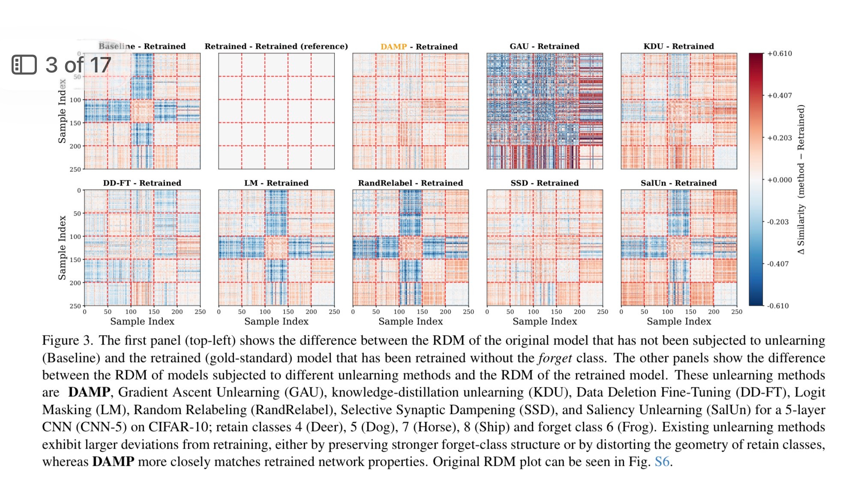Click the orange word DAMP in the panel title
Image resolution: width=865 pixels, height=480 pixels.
coord(393,46)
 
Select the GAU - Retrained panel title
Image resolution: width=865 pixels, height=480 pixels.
coord(544,46)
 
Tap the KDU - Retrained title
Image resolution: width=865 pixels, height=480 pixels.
coord(679,46)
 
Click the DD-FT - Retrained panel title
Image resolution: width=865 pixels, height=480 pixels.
coord(142,183)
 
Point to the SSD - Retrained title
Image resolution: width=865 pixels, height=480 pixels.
coord(544,183)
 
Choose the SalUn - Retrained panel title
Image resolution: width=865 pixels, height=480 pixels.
coord(679,183)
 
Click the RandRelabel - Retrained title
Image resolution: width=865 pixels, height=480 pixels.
coord(410,183)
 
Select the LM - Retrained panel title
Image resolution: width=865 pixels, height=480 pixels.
coord(276,183)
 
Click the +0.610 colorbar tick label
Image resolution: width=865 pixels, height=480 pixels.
coord(779,54)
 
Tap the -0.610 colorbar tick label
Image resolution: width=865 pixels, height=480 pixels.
coord(778,306)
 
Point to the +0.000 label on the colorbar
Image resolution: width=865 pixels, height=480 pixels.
coord(779,180)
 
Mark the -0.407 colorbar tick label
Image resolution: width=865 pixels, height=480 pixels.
coord(778,264)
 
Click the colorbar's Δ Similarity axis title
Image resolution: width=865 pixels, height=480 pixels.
coord(801,179)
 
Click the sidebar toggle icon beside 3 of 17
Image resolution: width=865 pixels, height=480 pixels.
coord(24,65)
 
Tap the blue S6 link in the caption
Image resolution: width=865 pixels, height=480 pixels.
coord(662,462)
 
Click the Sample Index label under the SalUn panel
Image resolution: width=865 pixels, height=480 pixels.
coord(679,321)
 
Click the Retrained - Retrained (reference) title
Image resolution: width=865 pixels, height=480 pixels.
coord(276,46)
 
